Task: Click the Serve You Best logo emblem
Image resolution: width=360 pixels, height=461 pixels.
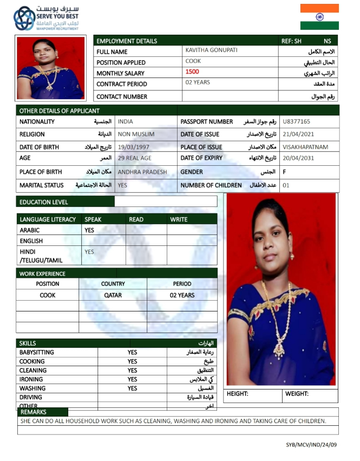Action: click(x=24, y=18)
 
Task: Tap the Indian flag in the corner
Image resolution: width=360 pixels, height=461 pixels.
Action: click(x=319, y=17)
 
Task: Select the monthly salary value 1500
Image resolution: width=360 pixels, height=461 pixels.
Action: click(x=192, y=72)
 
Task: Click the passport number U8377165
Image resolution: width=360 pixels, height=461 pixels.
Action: click(x=296, y=122)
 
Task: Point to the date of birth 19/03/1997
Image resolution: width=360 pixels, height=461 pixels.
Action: click(x=133, y=147)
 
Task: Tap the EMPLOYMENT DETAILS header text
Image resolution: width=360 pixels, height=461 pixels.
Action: click(x=127, y=41)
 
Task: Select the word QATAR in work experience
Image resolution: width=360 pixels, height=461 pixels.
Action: click(x=113, y=295)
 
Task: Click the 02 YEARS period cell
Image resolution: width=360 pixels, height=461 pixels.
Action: click(x=182, y=295)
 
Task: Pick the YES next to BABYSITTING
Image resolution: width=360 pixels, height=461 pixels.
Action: click(x=132, y=353)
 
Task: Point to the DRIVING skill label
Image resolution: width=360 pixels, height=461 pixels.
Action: click(x=31, y=398)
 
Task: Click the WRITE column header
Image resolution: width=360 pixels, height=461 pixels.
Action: click(x=179, y=219)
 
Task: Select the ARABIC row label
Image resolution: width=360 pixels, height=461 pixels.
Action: click(x=29, y=230)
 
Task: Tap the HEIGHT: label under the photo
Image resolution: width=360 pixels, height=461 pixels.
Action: click(x=237, y=394)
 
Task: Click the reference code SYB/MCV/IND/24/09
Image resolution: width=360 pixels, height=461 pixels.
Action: click(x=311, y=445)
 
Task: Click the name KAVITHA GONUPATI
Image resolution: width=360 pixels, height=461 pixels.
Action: click(x=211, y=50)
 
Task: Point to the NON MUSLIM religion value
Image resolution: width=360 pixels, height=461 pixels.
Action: click(x=136, y=134)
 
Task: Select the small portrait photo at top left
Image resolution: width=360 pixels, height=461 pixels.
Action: click(x=50, y=68)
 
